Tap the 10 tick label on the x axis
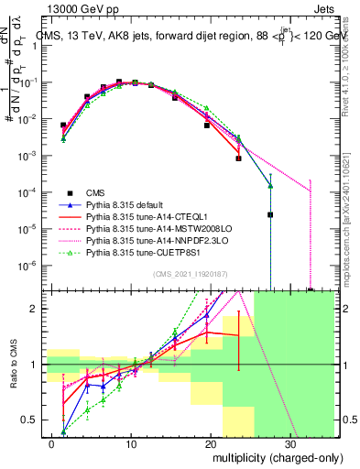132,443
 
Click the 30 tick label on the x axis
293,443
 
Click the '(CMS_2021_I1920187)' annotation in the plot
190,273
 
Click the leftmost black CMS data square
63,125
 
